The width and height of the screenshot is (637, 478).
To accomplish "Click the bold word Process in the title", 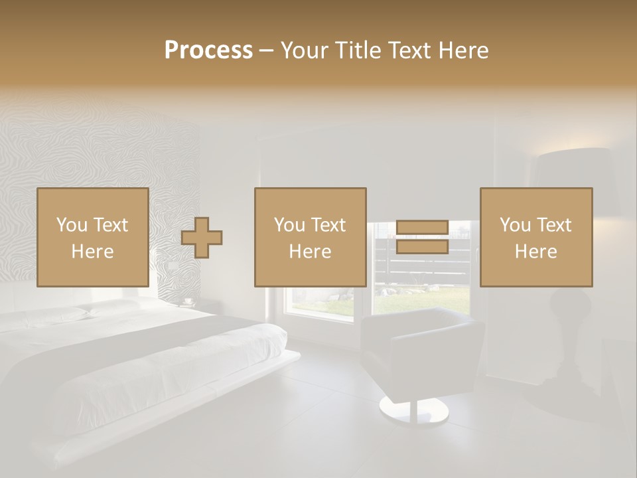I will point(208,50).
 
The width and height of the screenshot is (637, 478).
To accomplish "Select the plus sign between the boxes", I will point(202,237).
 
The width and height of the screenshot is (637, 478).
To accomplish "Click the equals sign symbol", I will point(422,237).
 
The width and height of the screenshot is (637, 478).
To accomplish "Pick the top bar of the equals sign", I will point(422,228).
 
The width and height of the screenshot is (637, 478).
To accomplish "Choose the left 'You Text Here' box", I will point(93,237).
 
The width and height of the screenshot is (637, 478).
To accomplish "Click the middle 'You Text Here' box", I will point(311,237).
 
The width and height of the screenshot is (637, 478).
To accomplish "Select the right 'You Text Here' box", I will point(536,237).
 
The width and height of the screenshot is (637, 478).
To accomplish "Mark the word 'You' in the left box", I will point(72,225).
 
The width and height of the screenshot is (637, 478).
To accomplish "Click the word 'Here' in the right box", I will point(536,252).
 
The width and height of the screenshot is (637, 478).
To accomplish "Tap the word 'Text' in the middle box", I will point(328,225).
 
